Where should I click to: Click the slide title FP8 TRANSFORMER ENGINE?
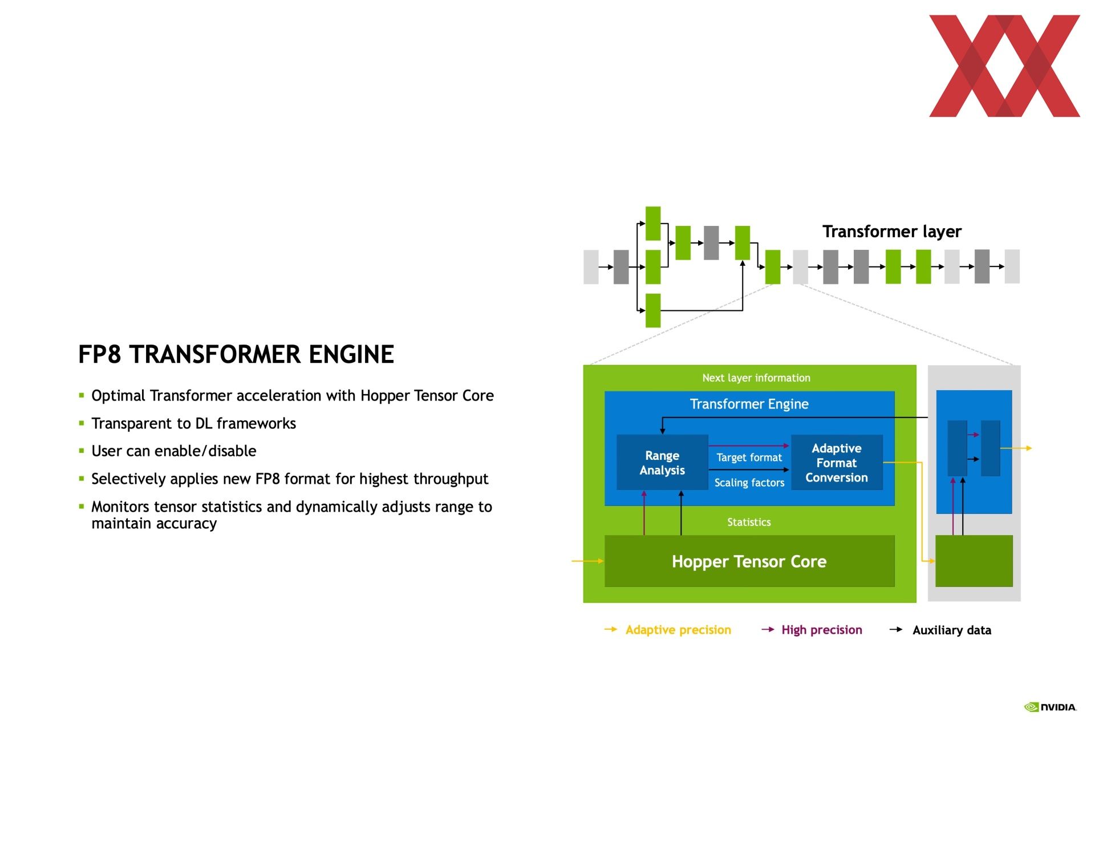[236, 354]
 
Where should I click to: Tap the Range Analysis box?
[662, 463]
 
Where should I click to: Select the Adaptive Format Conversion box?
[837, 463]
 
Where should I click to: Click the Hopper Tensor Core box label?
[749, 561]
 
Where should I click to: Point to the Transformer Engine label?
[749, 404]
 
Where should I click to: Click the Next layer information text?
[756, 378]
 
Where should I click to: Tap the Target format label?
[749, 458]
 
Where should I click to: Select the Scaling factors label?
[749, 483]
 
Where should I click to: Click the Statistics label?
[749, 522]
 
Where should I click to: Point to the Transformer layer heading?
[892, 231]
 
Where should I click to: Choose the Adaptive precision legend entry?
[668, 630]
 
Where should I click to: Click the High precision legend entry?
[812, 630]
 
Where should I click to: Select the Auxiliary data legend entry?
[940, 630]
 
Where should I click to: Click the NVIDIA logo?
[1050, 707]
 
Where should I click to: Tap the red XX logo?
[1004, 66]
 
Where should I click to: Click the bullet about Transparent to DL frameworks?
[193, 423]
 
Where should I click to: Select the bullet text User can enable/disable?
[174, 451]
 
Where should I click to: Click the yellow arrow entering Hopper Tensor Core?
[588, 561]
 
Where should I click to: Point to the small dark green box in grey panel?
[974, 561]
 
